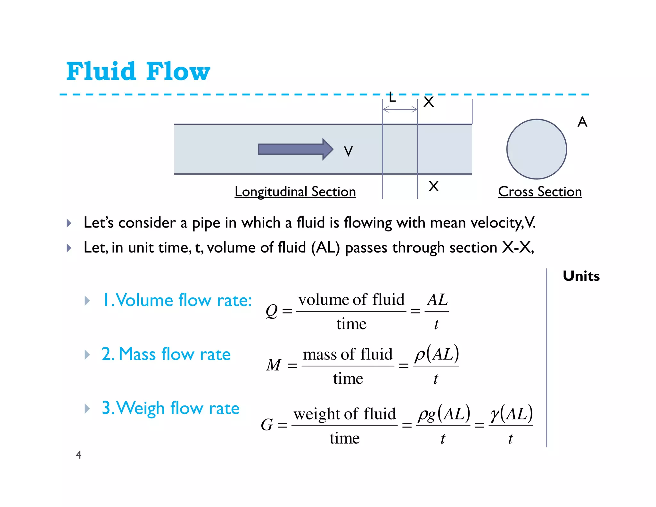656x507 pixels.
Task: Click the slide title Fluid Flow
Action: [138, 71]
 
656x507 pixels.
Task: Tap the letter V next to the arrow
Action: [348, 151]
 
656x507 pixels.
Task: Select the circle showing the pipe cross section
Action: [537, 149]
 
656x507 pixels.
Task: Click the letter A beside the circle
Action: [582, 122]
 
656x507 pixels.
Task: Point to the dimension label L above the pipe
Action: [392, 97]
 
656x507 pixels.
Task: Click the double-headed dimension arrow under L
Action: [400, 110]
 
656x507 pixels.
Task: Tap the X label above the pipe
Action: [429, 102]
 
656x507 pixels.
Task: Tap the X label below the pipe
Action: [433, 186]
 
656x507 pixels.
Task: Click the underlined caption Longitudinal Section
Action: [295, 192]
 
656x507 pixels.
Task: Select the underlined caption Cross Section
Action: [540, 192]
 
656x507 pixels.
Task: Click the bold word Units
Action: [581, 276]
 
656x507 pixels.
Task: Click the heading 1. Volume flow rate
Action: [177, 300]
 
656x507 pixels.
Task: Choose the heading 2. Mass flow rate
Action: [166, 354]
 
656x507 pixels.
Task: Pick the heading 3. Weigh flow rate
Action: [170, 408]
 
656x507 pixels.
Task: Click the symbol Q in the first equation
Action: [272, 311]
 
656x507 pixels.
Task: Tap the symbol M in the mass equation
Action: [274, 365]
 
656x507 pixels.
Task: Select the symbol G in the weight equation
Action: [267, 425]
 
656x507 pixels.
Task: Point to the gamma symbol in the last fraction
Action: [495, 414]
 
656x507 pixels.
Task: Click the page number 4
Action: [78, 455]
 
